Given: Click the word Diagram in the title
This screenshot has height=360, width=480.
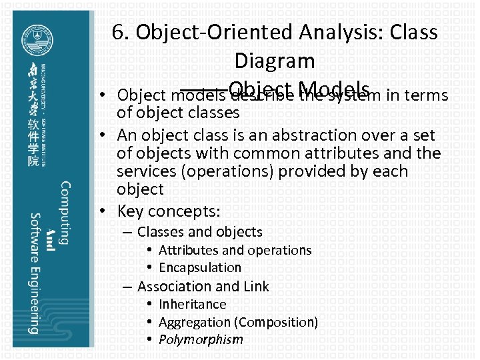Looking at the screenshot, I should pyautogui.click(x=274, y=61).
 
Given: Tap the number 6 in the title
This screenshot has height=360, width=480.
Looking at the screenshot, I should pyautogui.click(x=119, y=32).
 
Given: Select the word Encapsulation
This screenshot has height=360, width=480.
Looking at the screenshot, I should pyautogui.click(x=200, y=267).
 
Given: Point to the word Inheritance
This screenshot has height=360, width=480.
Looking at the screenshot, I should pyautogui.click(x=193, y=304).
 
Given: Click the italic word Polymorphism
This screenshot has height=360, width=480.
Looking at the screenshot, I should pyautogui.click(x=201, y=340).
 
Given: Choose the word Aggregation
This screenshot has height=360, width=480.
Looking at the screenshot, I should pyautogui.click(x=196, y=322).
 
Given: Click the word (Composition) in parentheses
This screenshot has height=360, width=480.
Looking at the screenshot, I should pyautogui.click(x=277, y=322).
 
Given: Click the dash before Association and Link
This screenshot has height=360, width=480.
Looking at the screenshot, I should pyautogui.click(x=127, y=287).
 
